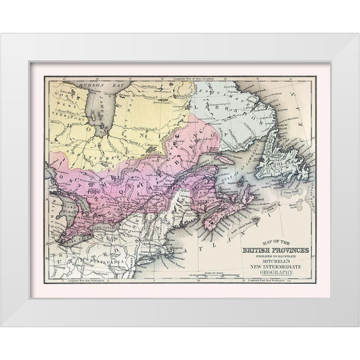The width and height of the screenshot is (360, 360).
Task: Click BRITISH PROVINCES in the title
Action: coord(275,251)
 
